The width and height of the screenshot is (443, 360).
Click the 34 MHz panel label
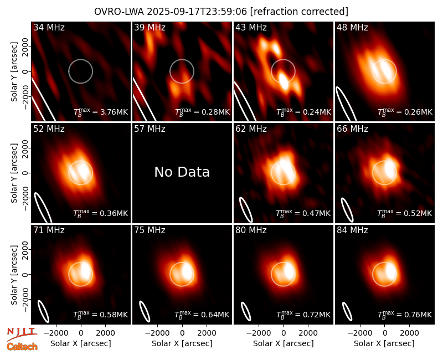pyautogui.click(x=49, y=27)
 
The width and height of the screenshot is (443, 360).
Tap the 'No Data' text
pyautogui.click(x=182, y=172)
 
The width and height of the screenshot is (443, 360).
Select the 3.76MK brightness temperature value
pyautogui.click(x=101, y=112)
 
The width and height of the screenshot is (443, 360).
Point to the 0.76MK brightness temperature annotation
pyautogui.click(x=405, y=315)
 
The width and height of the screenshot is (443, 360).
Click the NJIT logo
pyautogui.click(x=22, y=334)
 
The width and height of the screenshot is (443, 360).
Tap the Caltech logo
pyautogui.click(x=22, y=347)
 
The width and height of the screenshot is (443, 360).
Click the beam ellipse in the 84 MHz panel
pyautogui.click(x=347, y=311)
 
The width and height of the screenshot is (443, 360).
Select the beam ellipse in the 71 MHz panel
pyautogui.click(x=44, y=311)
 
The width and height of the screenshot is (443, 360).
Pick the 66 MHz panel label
pyautogui.click(x=352, y=129)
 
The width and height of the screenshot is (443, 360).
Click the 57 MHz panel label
pyautogui.click(x=150, y=129)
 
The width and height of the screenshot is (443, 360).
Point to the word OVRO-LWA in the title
pyautogui.click(x=119, y=12)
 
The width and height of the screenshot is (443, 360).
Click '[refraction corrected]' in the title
pyautogui.click(x=299, y=12)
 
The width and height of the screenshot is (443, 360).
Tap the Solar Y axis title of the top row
pyautogui.click(x=14, y=72)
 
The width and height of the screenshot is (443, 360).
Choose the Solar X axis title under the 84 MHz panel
pyautogui.click(x=384, y=343)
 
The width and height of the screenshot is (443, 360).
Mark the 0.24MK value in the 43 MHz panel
pyautogui.click(x=303, y=112)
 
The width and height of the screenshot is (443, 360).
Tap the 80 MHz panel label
pyautogui.click(x=251, y=230)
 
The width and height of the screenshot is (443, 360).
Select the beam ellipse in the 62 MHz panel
pyautogui.click(x=246, y=209)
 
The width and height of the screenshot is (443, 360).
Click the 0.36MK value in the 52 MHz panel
pyautogui.click(x=101, y=213)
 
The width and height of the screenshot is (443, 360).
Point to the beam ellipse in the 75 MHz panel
pyautogui.click(x=145, y=311)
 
